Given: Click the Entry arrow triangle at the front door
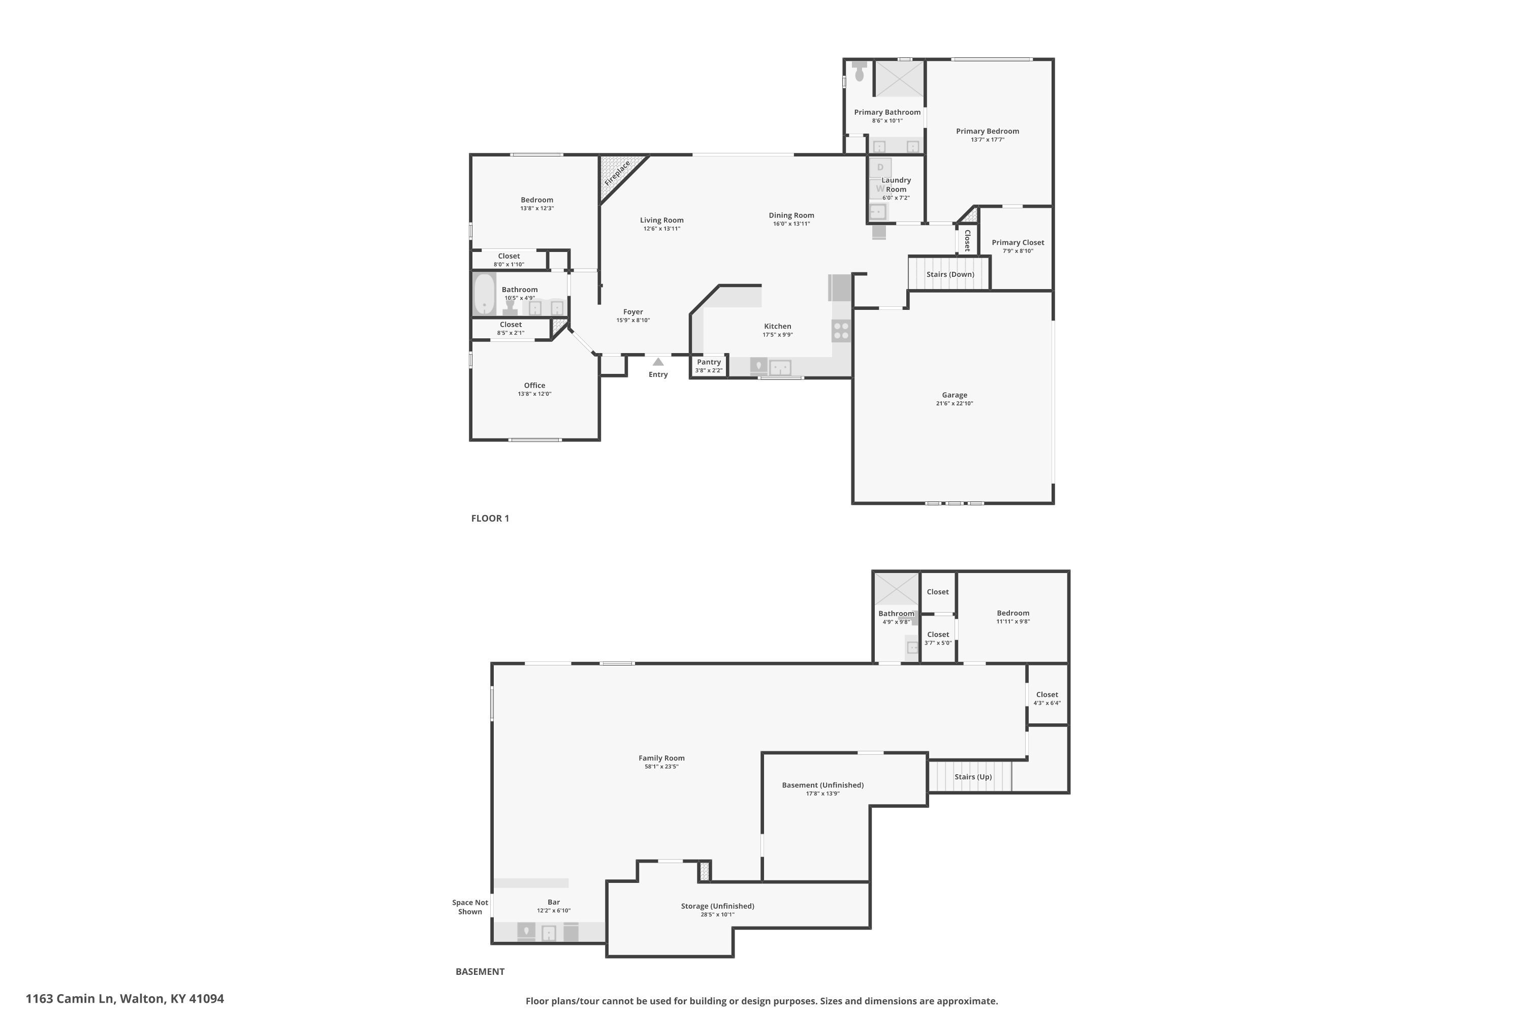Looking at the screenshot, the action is click(658, 362).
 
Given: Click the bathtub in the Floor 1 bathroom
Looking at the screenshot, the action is click(484, 294).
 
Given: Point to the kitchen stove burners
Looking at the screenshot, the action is click(841, 331).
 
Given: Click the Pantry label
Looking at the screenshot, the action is click(709, 362).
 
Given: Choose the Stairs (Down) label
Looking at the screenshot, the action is click(950, 274).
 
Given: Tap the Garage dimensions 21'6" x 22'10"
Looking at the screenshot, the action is click(955, 403).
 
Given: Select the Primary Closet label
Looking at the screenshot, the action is click(1018, 242).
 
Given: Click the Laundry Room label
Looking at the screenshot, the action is click(896, 185).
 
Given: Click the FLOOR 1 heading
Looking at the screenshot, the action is click(490, 518).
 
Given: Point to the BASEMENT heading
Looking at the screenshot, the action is click(480, 971).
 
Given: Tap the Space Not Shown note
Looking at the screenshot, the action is click(470, 907).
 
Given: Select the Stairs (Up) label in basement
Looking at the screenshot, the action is click(973, 777).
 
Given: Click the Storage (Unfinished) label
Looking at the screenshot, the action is click(717, 906).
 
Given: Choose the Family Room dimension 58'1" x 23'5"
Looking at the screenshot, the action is click(661, 767).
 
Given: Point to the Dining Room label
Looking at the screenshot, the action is click(791, 215).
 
